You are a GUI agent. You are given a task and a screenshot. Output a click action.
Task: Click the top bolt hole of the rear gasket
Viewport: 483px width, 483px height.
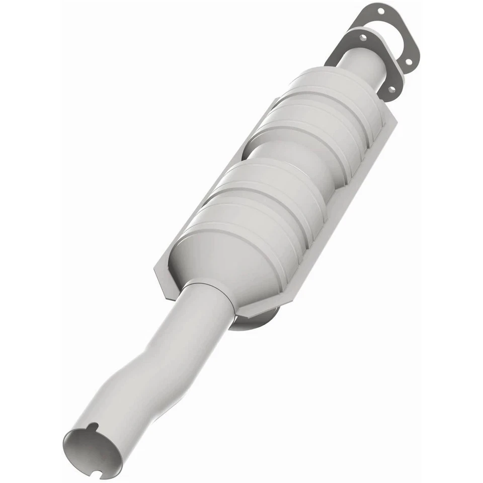tap(380, 10)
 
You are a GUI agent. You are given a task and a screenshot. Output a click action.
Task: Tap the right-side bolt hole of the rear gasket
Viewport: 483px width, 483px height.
tap(408, 62)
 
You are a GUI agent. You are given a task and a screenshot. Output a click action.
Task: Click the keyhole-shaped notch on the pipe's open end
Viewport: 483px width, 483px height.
tap(91, 427)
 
